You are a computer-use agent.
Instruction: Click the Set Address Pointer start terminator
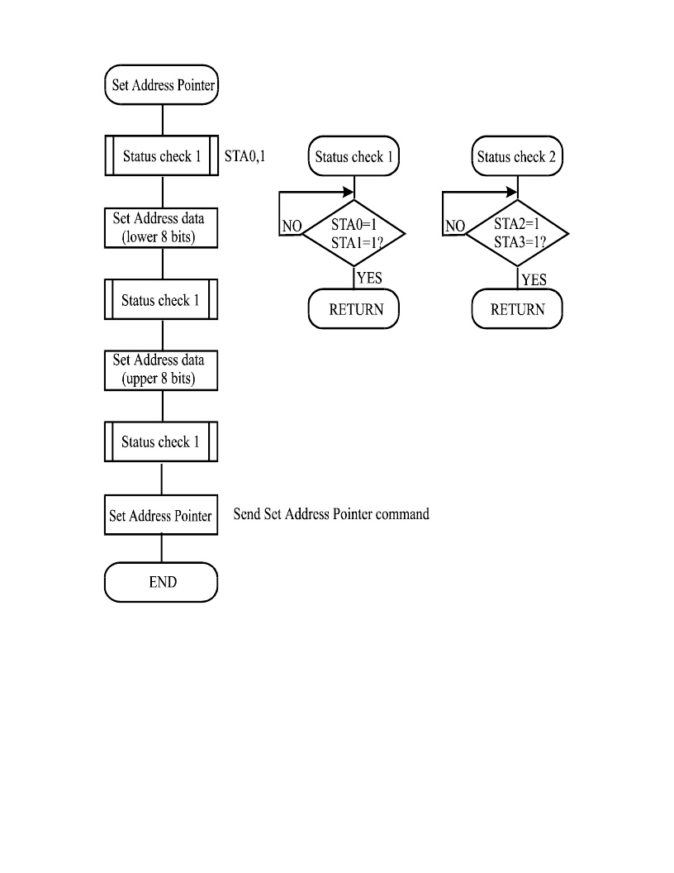point(161,84)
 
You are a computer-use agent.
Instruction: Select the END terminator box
point(161,582)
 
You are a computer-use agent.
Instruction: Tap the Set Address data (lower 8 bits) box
point(161,227)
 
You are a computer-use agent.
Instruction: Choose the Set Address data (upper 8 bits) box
point(161,370)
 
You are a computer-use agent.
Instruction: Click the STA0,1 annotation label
point(244,156)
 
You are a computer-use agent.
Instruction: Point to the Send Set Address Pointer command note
point(331,514)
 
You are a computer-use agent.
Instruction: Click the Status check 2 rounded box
point(517,156)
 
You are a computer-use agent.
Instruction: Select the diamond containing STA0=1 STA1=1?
point(354,233)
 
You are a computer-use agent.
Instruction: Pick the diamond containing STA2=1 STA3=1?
point(517,233)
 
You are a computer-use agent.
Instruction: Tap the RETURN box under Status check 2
point(517,309)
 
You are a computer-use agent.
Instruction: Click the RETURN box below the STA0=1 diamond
point(354,309)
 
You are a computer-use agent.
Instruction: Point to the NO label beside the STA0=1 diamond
point(292,226)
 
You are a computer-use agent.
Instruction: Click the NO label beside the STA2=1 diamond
point(455,226)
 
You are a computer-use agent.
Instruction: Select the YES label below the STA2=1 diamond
point(534,279)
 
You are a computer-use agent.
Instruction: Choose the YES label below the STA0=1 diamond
point(369,278)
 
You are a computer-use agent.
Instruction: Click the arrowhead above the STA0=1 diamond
point(349,192)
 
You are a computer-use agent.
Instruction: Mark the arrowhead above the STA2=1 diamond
point(512,192)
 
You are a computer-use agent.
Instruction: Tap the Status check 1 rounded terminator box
point(354,156)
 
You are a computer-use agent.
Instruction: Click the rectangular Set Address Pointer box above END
point(161,515)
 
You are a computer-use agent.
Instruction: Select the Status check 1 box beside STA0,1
point(161,156)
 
